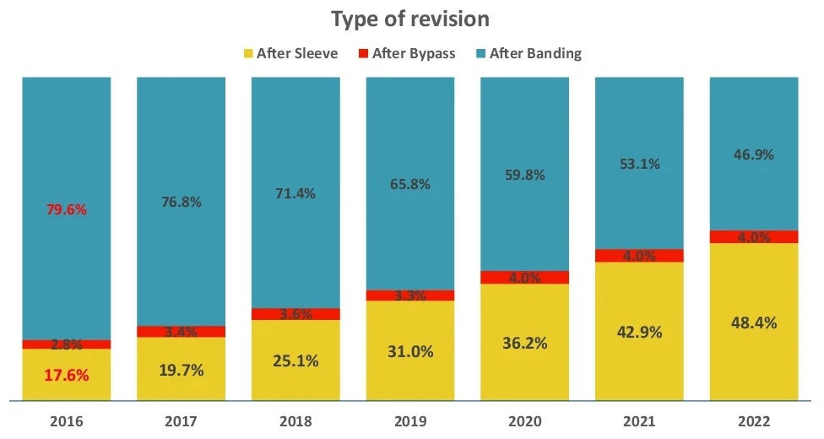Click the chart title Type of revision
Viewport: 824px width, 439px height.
[x=410, y=19]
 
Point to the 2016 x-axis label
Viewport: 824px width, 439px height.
[x=67, y=419]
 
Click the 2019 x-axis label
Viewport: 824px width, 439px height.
[x=410, y=419]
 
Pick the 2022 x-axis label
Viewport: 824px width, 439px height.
[x=753, y=419]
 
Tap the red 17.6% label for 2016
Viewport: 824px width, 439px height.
[x=67, y=375]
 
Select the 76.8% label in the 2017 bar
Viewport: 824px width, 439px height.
[x=181, y=202]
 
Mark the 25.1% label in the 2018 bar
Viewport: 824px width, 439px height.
[x=295, y=360]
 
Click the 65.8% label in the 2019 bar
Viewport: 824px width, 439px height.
[x=410, y=184]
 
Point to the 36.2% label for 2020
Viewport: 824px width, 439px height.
[x=524, y=343]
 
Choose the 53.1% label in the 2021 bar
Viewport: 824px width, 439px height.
[x=639, y=164]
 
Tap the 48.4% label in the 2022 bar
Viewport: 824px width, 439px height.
[x=753, y=322]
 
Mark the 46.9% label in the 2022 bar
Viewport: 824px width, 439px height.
[x=753, y=154]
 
